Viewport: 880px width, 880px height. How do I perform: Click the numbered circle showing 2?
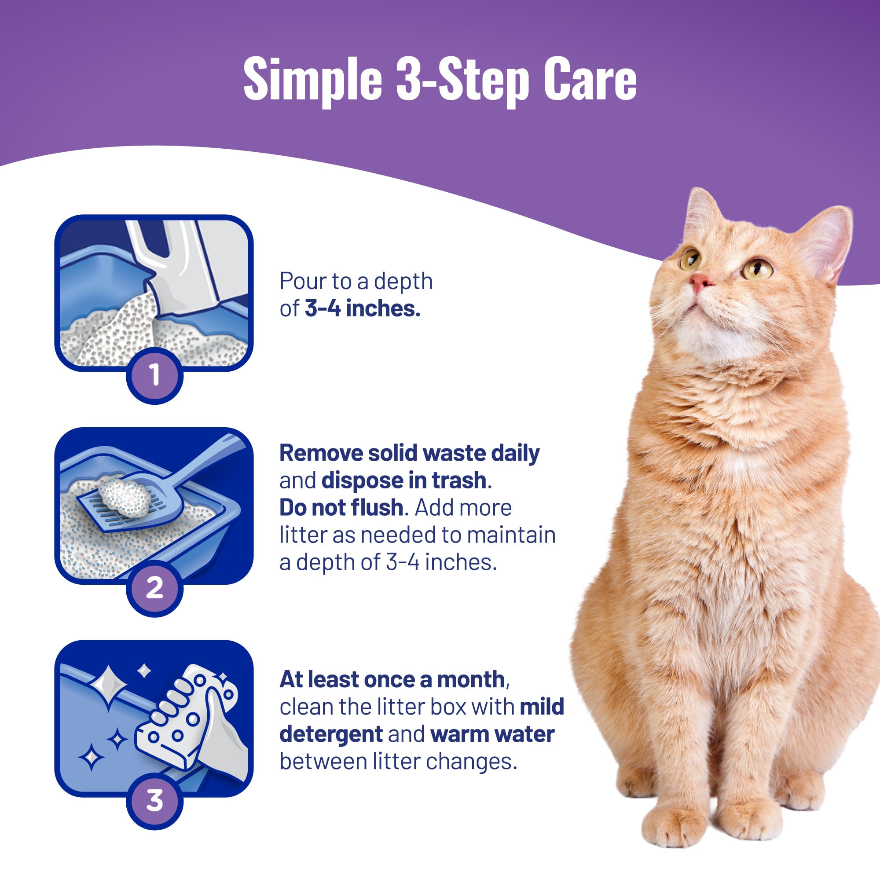(155, 588)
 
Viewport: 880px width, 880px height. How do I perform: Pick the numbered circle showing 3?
(155, 801)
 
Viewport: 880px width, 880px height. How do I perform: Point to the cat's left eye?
(756, 268)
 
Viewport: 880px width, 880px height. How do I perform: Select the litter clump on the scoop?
(124, 497)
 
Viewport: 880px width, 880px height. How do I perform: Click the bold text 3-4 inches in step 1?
(362, 308)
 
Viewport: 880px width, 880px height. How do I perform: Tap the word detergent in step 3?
(331, 735)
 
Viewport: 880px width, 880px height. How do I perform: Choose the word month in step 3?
(470, 680)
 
